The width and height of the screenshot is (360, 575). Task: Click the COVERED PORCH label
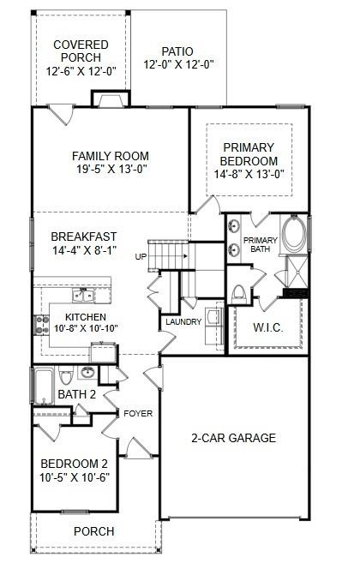[81, 51]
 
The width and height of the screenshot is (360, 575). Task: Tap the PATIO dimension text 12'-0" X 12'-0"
[178, 64]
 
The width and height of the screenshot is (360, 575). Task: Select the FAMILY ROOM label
[110, 156]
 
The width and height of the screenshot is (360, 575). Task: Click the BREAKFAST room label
[84, 237]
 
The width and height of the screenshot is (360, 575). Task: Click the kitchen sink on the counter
[83, 296]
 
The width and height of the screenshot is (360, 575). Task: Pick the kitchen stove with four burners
[39, 324]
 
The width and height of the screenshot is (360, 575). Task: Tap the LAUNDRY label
[183, 322]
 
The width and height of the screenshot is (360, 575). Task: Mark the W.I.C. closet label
[271, 327]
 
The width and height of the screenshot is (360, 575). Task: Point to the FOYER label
[138, 414]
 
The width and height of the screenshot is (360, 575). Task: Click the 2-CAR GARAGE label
[233, 438]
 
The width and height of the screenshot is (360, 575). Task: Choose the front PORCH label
[93, 532]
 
